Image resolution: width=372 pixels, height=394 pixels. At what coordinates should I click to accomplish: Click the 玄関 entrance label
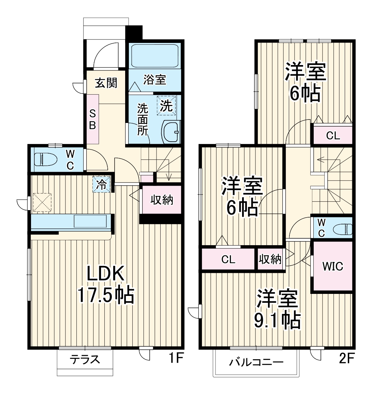106,83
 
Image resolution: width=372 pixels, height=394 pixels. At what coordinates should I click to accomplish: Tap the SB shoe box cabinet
92,119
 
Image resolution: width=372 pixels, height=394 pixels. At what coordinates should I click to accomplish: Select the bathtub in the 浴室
155,56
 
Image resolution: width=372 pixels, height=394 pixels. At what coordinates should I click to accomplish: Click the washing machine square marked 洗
166,106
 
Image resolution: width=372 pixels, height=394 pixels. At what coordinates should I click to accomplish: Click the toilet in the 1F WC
45,159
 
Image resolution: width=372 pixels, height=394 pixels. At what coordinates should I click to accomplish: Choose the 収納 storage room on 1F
162,200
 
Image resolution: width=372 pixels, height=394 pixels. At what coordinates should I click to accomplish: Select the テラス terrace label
85,359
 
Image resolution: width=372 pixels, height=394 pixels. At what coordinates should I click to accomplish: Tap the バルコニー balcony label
256,362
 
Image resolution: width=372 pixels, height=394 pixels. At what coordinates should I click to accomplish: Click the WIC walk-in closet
332,266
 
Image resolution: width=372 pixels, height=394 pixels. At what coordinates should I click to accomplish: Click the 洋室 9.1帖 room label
277,309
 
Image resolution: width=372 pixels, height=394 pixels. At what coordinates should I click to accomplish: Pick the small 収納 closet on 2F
270,259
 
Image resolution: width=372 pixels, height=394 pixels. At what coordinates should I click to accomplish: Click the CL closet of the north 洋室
333,135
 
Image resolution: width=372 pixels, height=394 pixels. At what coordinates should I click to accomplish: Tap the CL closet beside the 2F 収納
228,259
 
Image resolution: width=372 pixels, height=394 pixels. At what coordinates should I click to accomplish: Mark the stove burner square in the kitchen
42,203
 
